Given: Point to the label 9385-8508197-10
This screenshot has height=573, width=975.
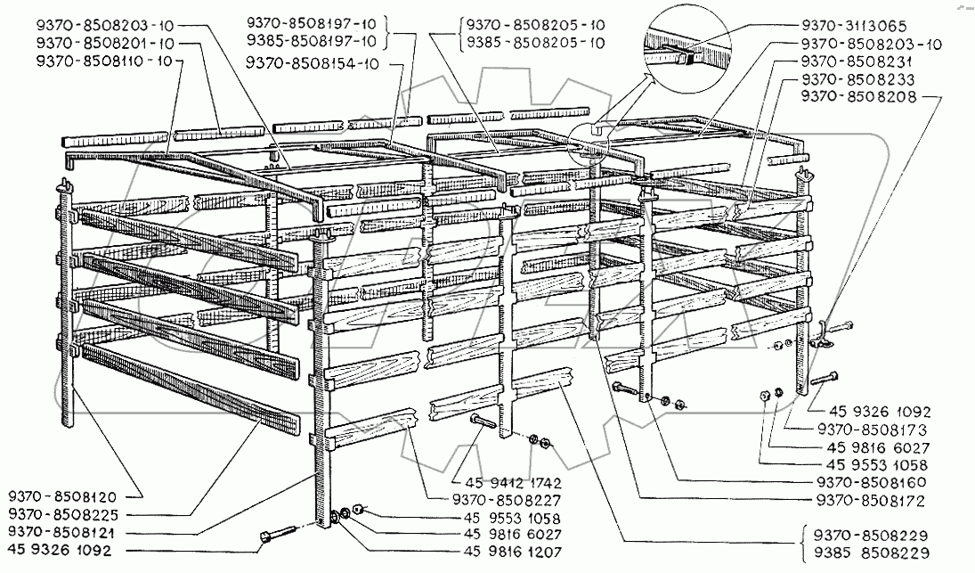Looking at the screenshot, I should (313, 42).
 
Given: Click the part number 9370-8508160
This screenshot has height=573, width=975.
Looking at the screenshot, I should (861, 483).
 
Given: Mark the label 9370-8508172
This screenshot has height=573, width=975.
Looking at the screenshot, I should (861, 502).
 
